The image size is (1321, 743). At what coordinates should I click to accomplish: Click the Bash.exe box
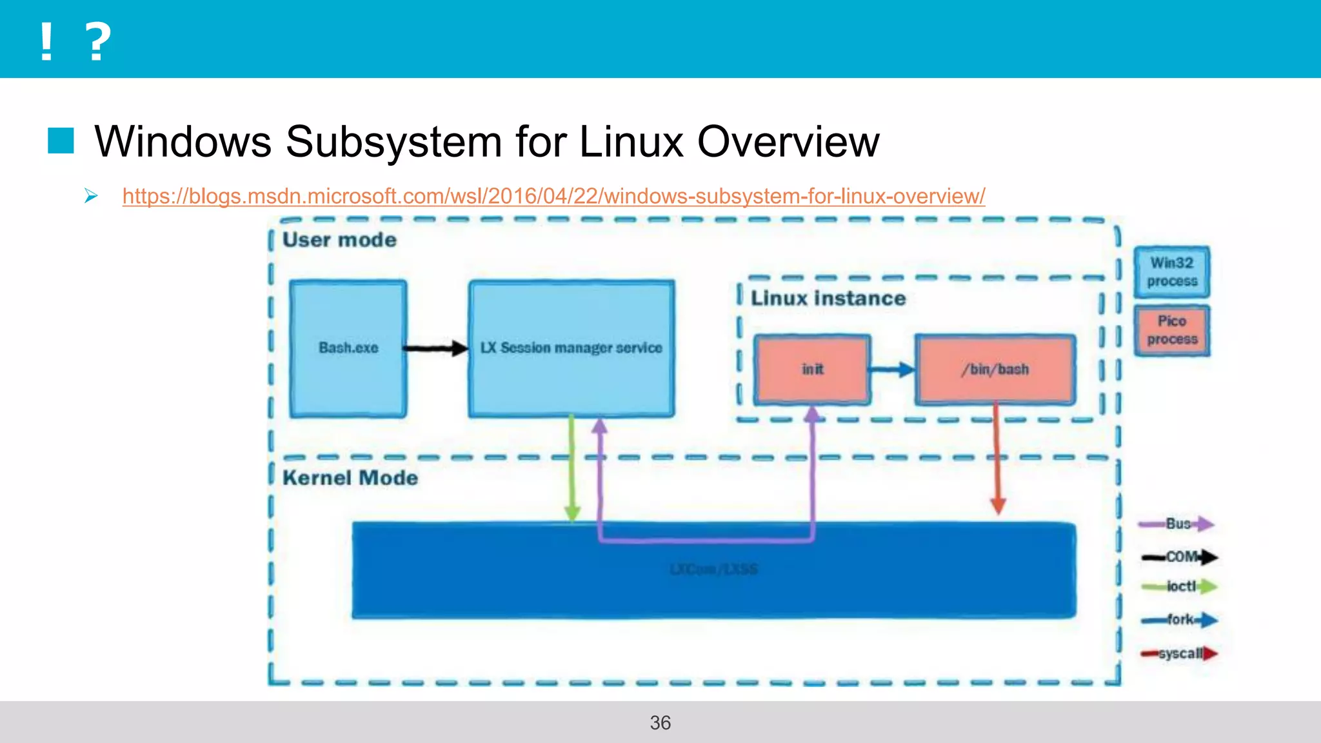point(348,348)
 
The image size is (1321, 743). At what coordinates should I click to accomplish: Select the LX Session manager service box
point(571,348)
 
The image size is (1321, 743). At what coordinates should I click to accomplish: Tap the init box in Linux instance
point(812,370)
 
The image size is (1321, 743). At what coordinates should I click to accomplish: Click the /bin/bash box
point(995,370)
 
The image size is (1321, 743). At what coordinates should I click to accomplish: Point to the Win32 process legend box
point(1171,272)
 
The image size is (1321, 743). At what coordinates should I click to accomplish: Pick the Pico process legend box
point(1171,330)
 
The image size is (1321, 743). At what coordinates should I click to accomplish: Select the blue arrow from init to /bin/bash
point(892,370)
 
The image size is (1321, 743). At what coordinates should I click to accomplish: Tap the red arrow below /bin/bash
point(997,458)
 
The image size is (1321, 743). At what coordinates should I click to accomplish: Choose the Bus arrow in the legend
point(1177,524)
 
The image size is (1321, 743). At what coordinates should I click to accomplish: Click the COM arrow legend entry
point(1179,557)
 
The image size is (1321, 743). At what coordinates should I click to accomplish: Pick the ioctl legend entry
point(1179,586)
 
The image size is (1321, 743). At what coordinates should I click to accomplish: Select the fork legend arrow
point(1179,620)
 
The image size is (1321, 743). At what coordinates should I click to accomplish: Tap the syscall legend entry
point(1179,653)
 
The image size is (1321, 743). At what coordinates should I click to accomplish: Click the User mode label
point(340,240)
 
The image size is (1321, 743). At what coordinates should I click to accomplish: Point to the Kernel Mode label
point(350,478)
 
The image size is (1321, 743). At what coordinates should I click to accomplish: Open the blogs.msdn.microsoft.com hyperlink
point(553,196)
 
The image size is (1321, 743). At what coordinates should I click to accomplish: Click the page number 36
point(660,722)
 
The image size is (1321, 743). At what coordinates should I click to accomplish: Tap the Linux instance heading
point(828,299)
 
